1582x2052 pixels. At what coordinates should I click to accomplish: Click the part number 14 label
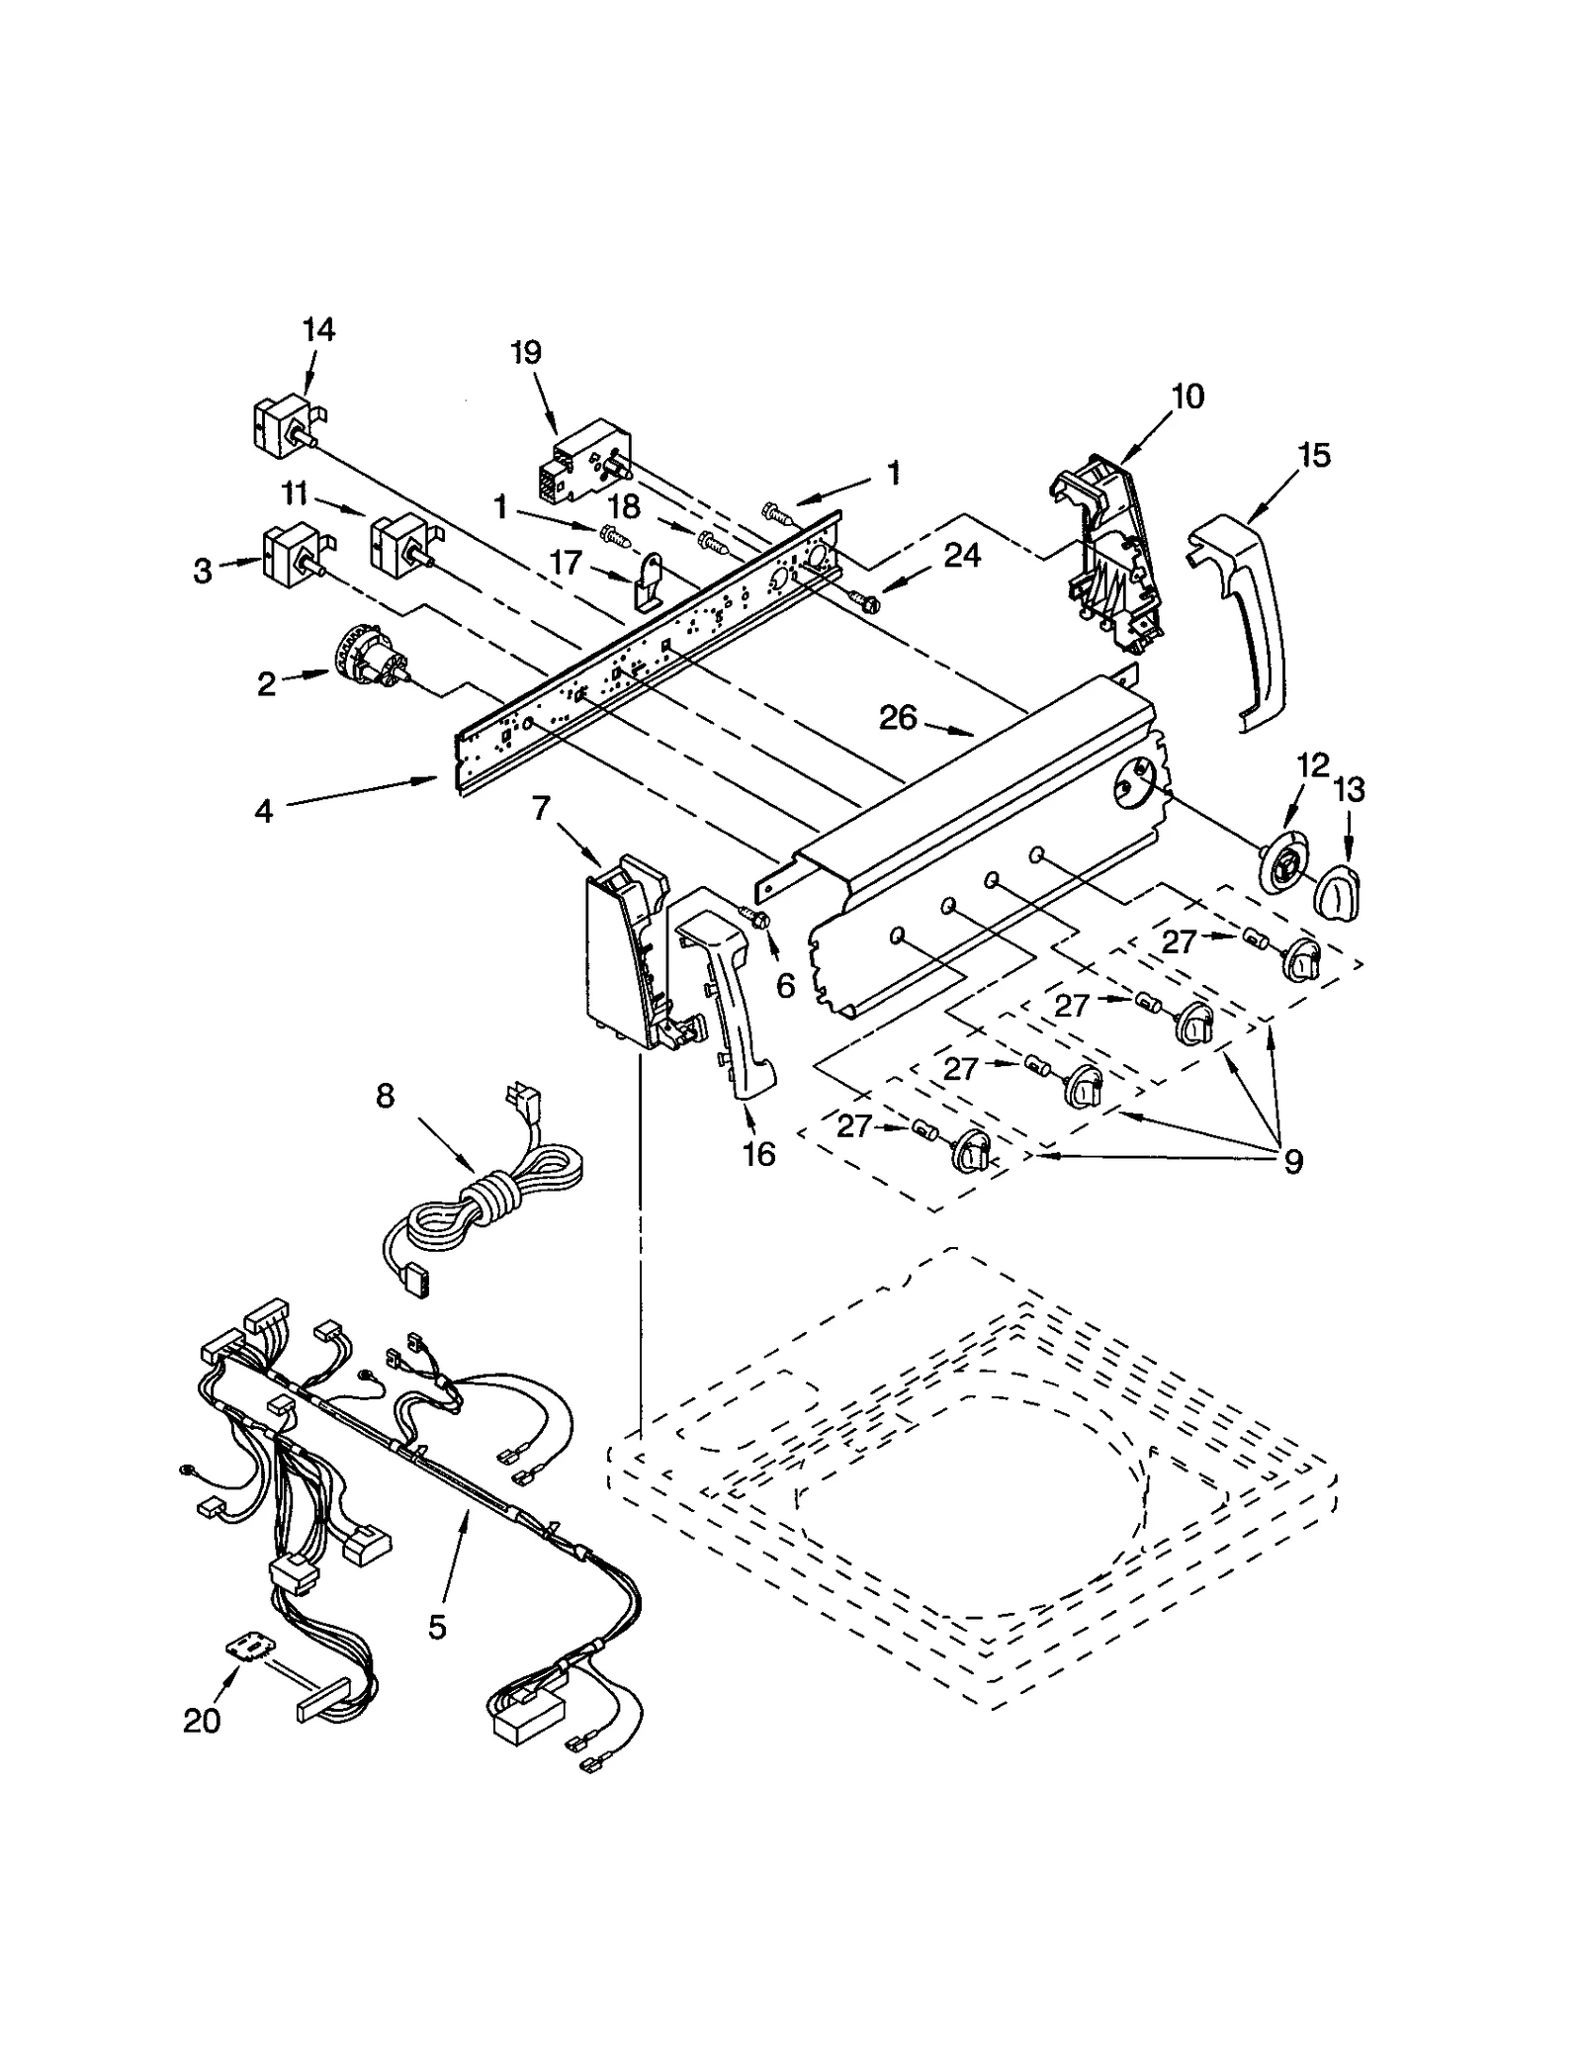(317, 330)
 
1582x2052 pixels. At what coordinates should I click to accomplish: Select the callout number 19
(527, 353)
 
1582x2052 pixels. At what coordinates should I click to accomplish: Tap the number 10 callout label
(1187, 397)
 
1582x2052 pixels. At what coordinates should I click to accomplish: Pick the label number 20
(202, 1722)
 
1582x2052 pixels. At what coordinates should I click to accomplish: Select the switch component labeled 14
(282, 428)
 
